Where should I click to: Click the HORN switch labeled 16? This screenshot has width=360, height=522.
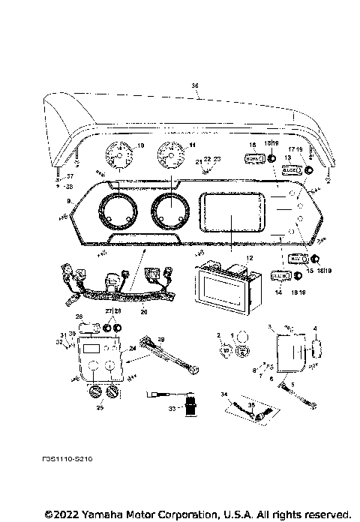click(253, 158)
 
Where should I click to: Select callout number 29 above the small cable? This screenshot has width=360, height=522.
click(159, 340)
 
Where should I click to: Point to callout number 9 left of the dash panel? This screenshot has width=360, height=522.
click(70, 201)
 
